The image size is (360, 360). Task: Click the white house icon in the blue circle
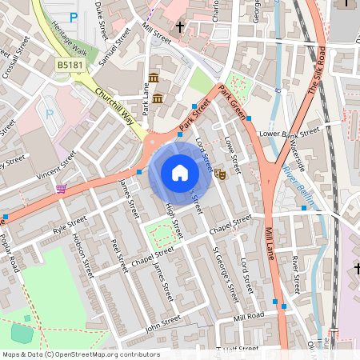(x=180, y=173)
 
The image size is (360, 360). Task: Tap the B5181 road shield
(x=68, y=63)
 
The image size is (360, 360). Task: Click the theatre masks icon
(x=219, y=172)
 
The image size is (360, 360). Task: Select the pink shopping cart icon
(x=62, y=189)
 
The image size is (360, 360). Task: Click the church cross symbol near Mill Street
(x=180, y=28)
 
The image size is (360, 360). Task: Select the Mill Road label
(x=249, y=318)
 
